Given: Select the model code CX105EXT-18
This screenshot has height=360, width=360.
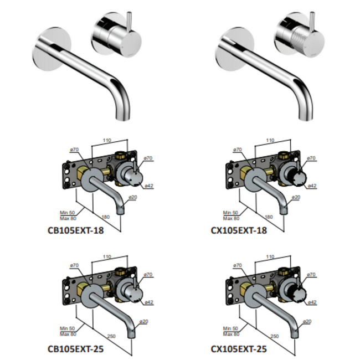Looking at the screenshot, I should [240, 230].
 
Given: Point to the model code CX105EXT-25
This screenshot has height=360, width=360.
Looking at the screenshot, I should [240, 349].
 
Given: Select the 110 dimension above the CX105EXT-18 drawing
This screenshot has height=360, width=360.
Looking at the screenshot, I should [270, 141].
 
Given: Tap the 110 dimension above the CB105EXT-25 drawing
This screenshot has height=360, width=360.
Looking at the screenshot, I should [107, 257].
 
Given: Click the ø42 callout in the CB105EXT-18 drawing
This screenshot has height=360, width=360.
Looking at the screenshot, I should [148, 186].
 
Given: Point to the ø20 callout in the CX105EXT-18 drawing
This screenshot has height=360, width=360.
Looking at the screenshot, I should [296, 197].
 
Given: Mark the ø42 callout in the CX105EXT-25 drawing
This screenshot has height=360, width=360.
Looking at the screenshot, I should [312, 302].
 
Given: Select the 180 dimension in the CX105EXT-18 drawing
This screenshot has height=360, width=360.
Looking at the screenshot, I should [268, 217].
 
